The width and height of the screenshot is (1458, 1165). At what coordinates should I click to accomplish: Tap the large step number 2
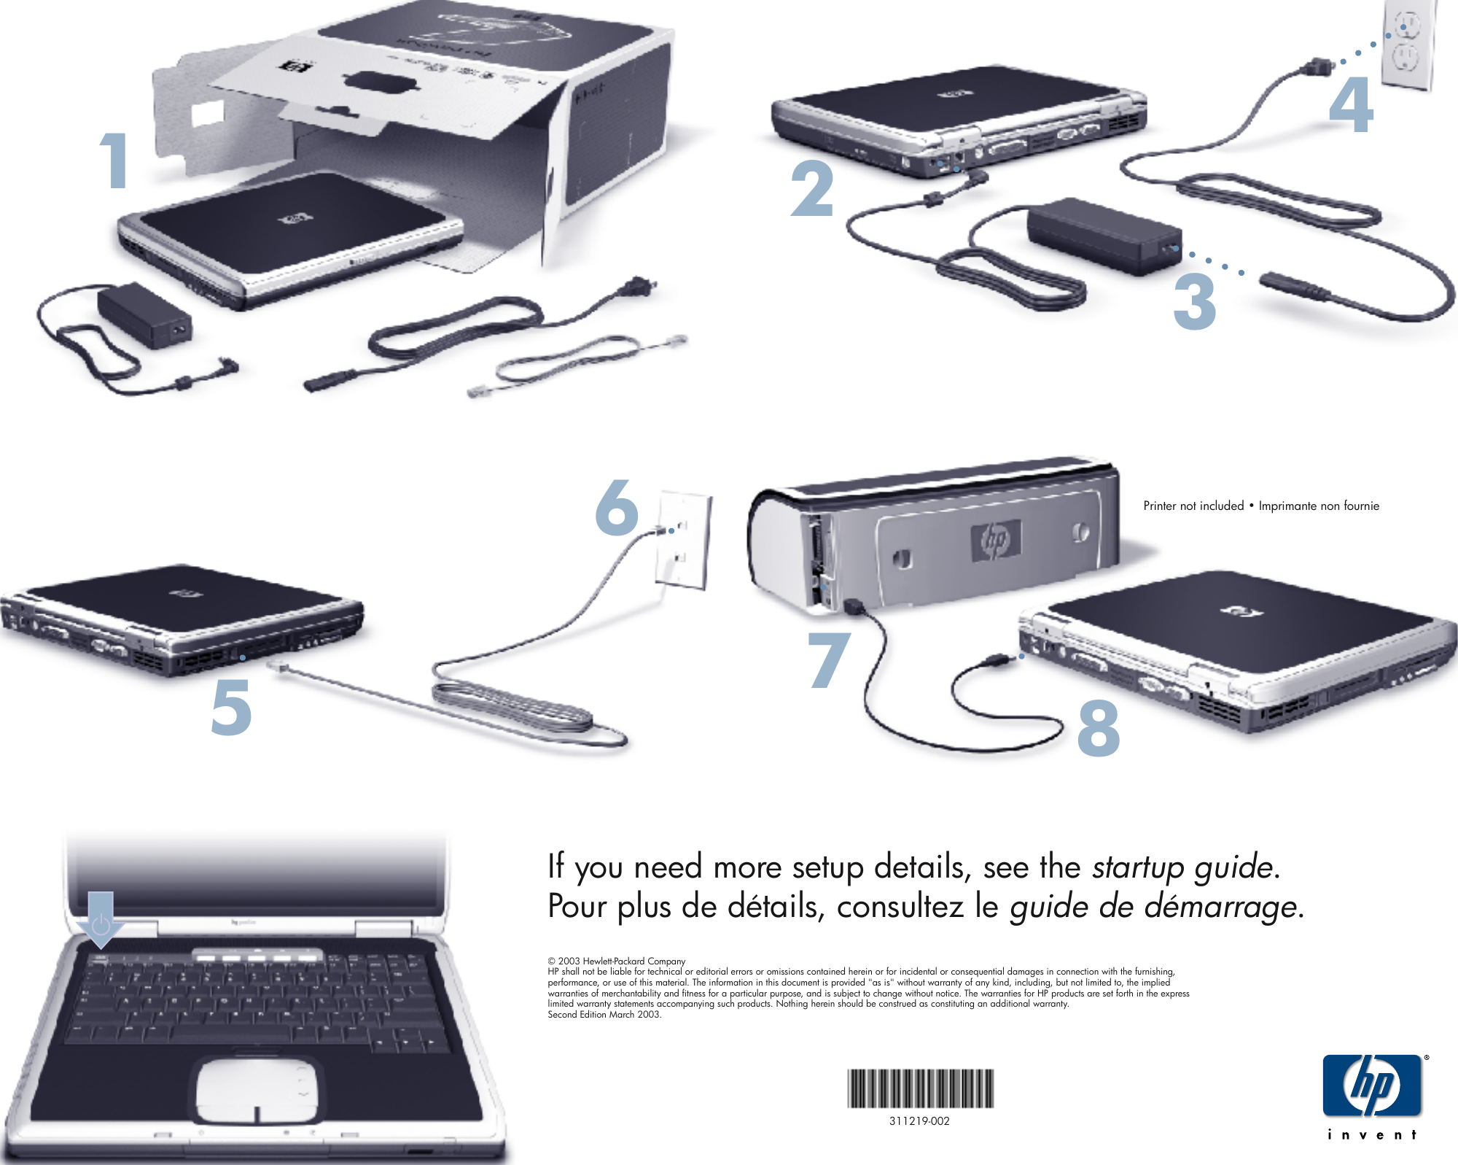point(812,189)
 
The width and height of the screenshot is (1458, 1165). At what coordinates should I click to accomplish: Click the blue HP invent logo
point(1372,1086)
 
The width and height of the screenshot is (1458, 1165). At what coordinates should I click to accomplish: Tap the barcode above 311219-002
point(920,1088)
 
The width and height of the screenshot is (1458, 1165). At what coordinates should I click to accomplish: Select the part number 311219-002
point(919,1121)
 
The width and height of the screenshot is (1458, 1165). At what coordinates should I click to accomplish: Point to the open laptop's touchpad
point(256,1090)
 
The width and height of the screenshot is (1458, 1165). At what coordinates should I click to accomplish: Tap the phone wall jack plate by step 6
point(684,540)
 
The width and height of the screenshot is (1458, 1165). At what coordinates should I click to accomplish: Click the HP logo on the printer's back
point(996,541)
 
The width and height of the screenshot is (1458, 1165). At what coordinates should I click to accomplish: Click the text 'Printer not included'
point(1193,506)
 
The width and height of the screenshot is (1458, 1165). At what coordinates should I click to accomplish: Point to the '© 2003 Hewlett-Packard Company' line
point(617,961)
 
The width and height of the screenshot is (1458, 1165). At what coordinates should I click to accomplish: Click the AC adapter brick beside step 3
point(1101,235)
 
